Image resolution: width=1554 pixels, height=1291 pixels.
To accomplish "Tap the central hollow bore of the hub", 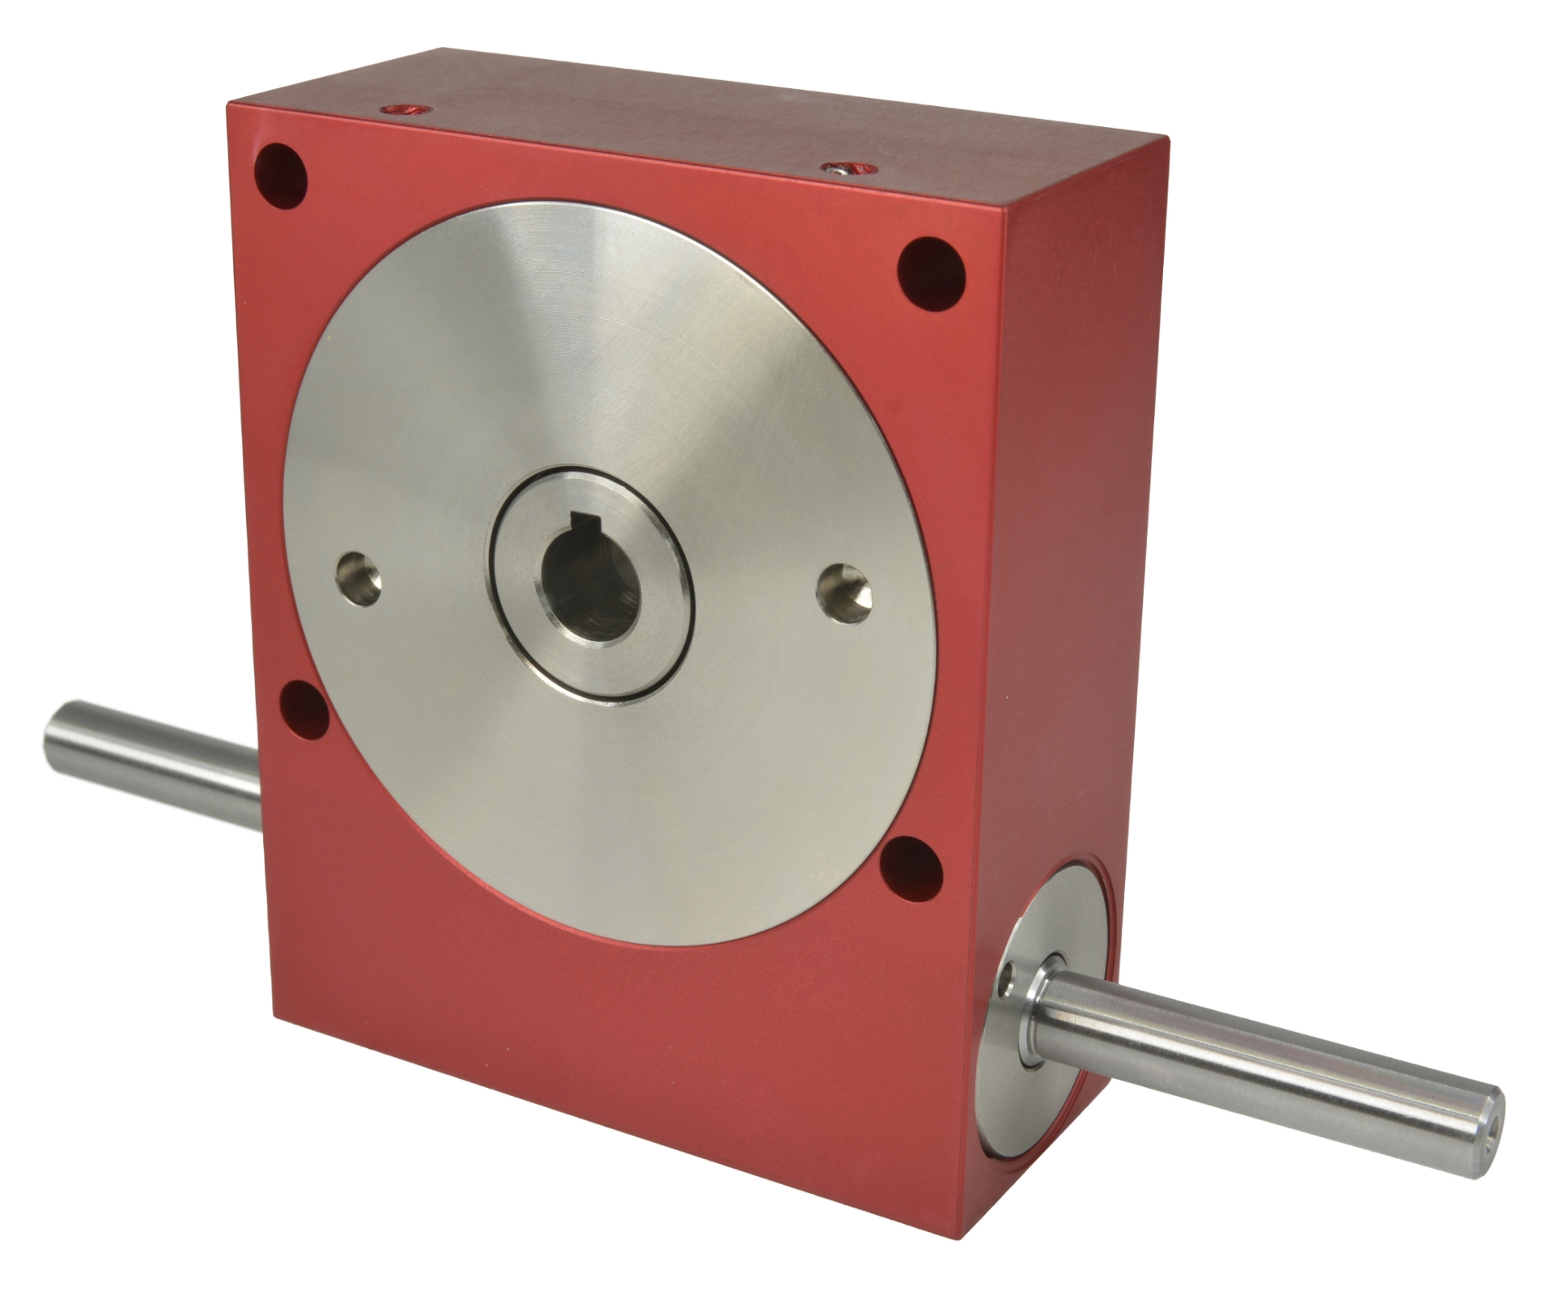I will pyautogui.click(x=588, y=584).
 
